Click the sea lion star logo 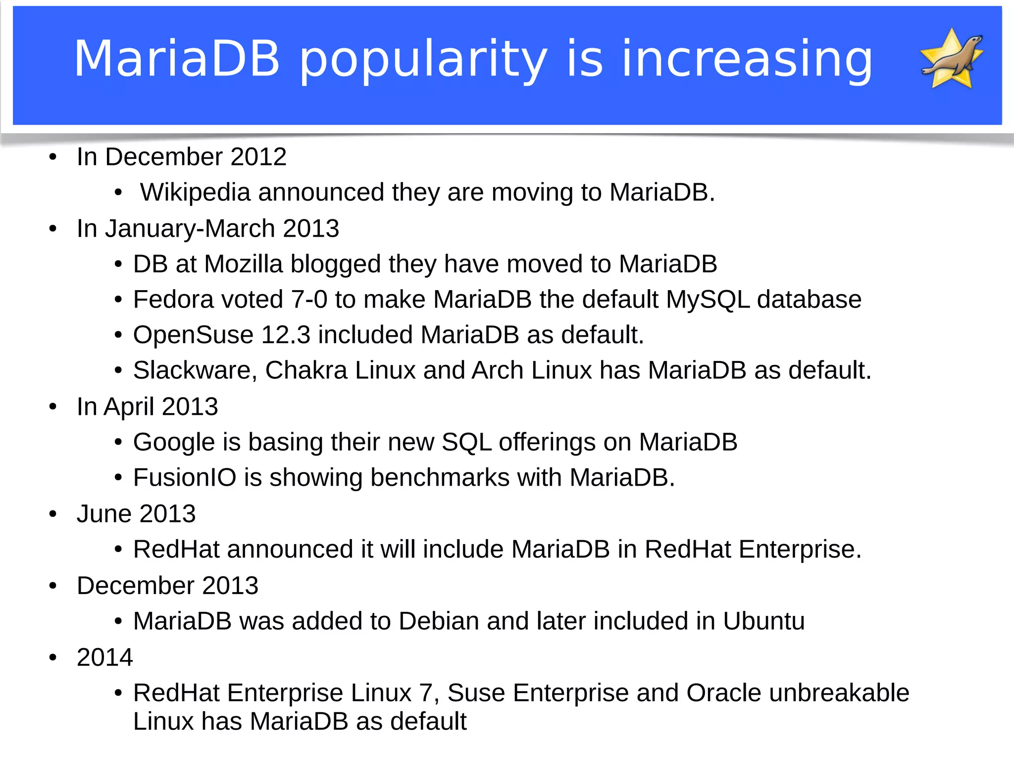point(952,58)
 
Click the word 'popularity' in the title point(423,59)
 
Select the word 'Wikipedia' point(195,192)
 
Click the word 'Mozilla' point(243,264)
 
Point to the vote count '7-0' point(309,300)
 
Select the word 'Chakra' point(306,370)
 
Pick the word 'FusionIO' point(185,478)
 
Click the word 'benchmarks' point(440,478)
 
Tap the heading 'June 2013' point(136,514)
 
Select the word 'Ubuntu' point(763,621)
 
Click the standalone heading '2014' point(105,658)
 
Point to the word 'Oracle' point(723,693)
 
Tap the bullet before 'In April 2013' point(53,407)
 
